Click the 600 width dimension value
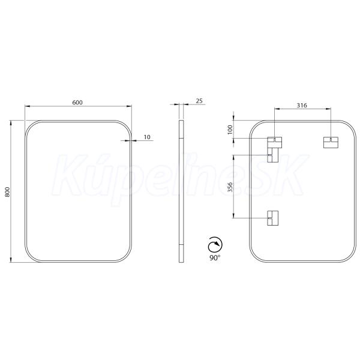(x=77, y=103)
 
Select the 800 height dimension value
(x=7, y=192)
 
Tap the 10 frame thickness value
(x=147, y=137)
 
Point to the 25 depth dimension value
(x=199, y=101)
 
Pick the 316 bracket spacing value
(x=302, y=106)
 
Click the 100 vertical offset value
(x=230, y=130)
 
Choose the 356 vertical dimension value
(x=230, y=187)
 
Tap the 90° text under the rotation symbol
(x=215, y=258)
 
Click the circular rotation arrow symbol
(x=215, y=245)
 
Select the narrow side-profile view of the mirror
(x=181, y=191)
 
